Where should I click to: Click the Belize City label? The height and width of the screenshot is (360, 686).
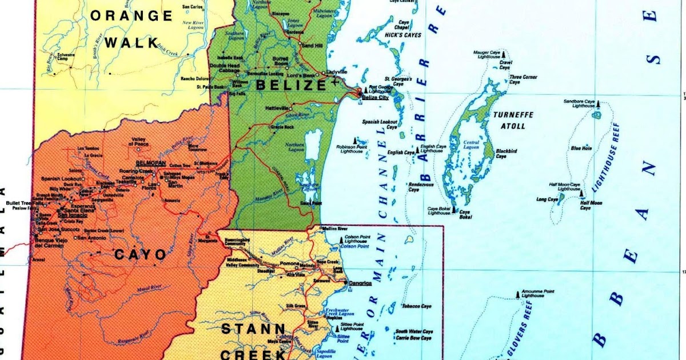coord(375,98)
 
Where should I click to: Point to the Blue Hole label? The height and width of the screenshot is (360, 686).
coord(580,149)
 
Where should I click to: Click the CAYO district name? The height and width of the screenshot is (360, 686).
coord(141,255)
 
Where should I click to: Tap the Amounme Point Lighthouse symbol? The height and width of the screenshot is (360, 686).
coord(519,294)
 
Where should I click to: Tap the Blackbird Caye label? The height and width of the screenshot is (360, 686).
coord(506,154)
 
